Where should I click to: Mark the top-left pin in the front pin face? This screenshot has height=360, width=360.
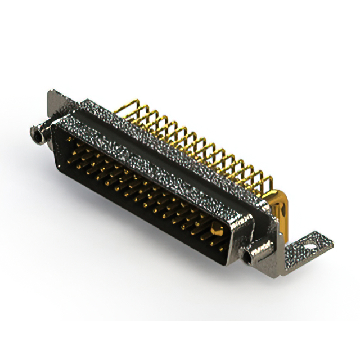click(x=69, y=138)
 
